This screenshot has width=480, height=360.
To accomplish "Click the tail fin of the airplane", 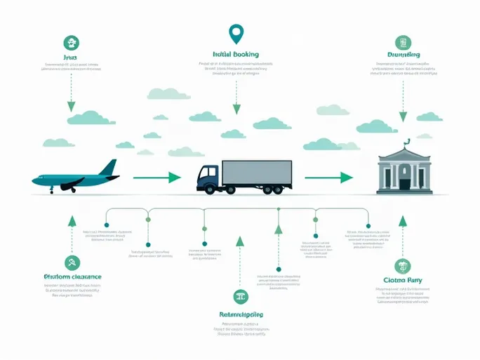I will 109,168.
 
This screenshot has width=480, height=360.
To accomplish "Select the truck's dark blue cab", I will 208,177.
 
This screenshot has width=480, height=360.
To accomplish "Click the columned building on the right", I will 402,173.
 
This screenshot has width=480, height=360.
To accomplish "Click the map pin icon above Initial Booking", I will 236,32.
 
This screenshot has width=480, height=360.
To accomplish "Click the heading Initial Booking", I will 236,54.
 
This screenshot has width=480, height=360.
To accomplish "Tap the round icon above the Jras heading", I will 70,42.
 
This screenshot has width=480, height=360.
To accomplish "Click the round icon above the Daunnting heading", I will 403,42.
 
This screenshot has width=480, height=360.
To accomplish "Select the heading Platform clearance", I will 72,276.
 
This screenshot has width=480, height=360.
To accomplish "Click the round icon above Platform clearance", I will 71,263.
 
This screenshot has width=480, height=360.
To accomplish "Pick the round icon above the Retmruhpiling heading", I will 240,297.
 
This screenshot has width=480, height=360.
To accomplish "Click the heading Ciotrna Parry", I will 403,281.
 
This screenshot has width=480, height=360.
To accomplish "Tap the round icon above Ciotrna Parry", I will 403,266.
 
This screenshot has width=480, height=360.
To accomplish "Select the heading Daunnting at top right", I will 404,55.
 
